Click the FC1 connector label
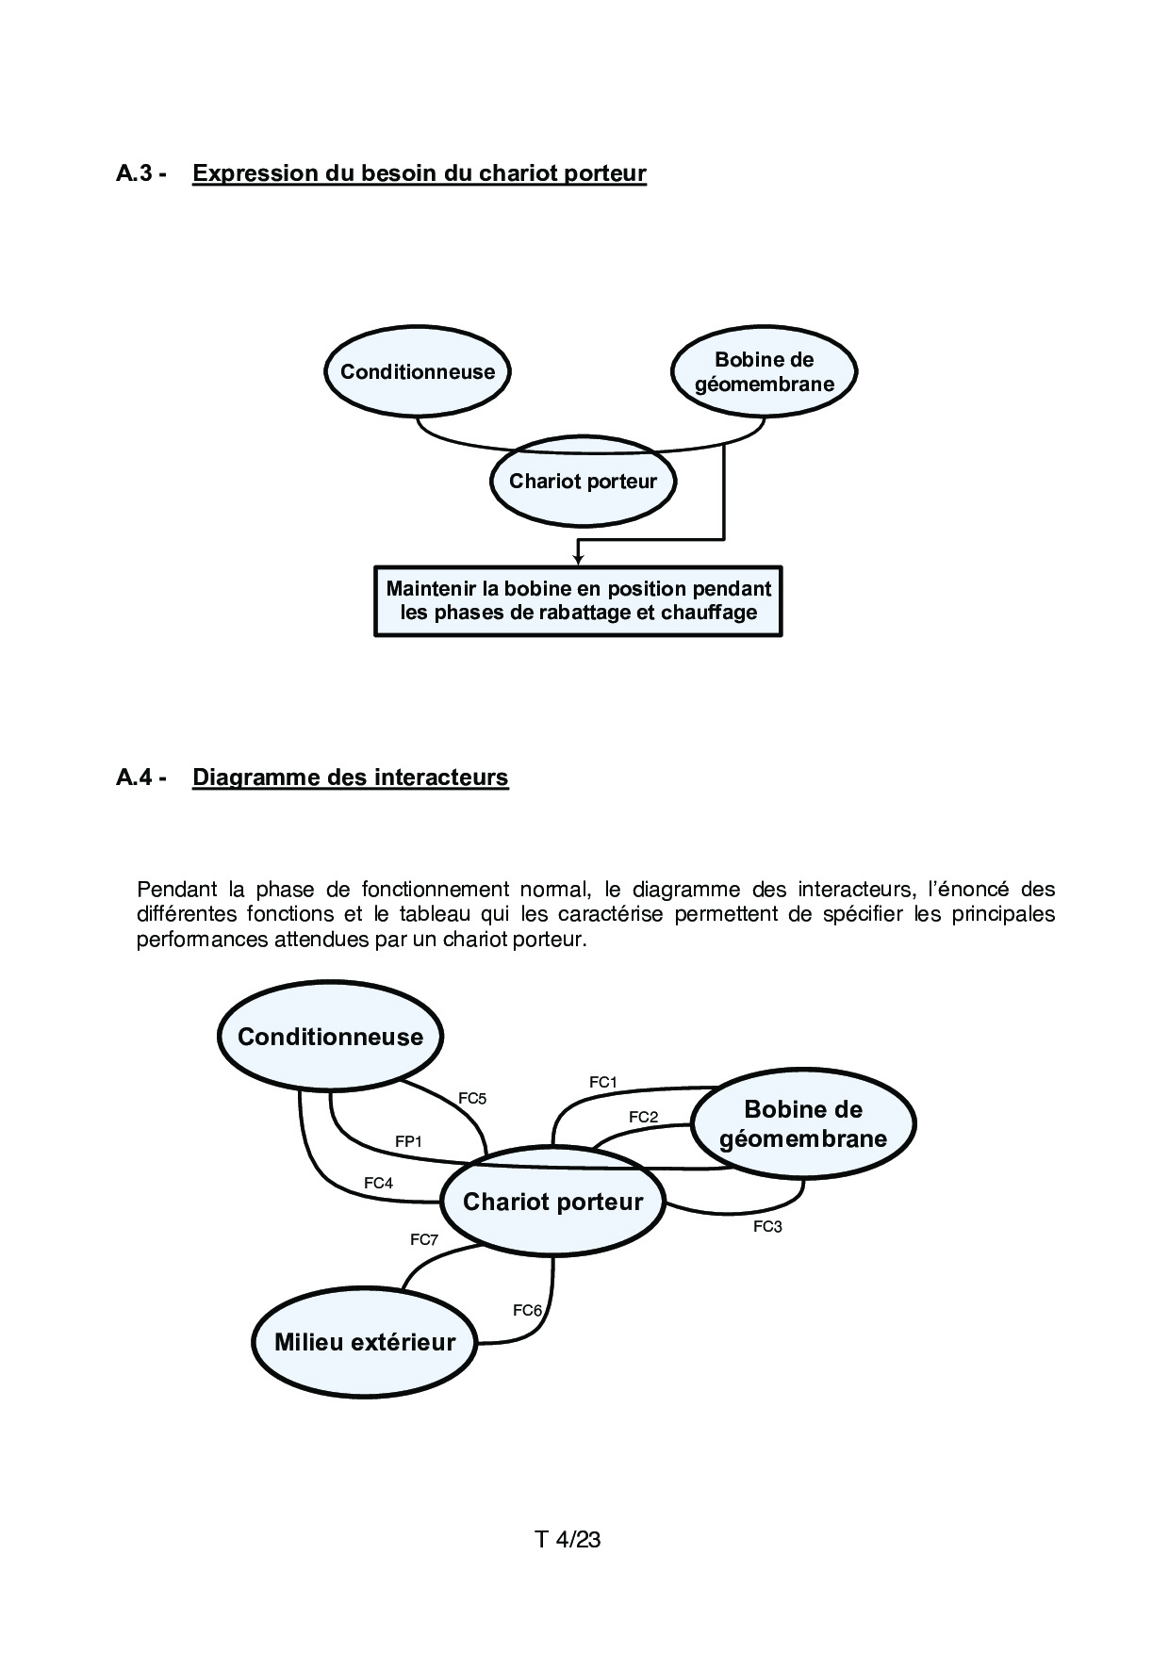tap(602, 1082)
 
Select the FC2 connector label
tap(643, 1117)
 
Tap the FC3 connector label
tap(767, 1227)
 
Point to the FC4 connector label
tap(378, 1183)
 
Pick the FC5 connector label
tap(472, 1098)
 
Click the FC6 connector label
tap(527, 1310)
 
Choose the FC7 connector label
tap(424, 1239)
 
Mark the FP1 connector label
tap(408, 1141)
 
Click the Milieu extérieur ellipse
tap(364, 1342)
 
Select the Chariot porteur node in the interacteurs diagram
tap(552, 1202)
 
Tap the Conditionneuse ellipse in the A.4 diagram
tap(330, 1037)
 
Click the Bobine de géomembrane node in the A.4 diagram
tap(803, 1123)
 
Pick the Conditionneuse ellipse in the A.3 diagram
tap(418, 371)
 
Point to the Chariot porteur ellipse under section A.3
tap(583, 482)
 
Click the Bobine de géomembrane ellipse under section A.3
tap(764, 371)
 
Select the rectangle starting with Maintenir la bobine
tap(578, 601)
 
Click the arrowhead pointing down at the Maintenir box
tap(578, 560)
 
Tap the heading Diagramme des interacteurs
tap(350, 777)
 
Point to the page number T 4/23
tap(568, 1540)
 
